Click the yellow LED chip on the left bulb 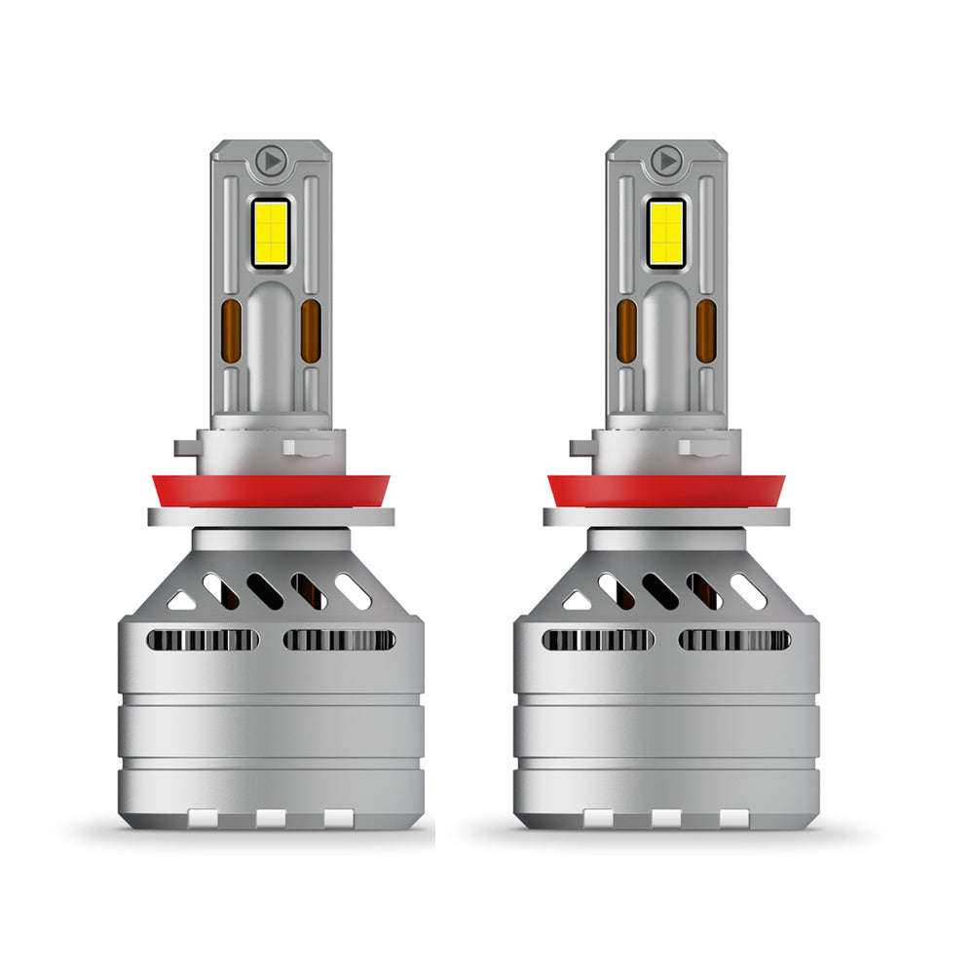coord(271,233)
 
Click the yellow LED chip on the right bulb coord(666,233)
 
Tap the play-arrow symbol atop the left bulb coord(271,159)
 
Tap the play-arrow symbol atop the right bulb coord(666,159)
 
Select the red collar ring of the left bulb coord(271,490)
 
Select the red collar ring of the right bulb coord(666,490)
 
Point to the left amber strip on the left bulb coord(233,331)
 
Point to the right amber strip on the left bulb coord(310,331)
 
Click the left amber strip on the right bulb coord(627,331)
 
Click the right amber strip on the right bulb coord(706,331)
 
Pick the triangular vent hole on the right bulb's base coord(576,600)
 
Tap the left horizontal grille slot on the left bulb coord(203,640)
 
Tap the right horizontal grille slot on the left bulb coord(339,640)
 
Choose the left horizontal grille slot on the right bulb coord(598,640)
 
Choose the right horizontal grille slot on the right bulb coord(734,640)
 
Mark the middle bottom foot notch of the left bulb coord(271,818)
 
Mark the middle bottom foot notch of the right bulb coord(666,818)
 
